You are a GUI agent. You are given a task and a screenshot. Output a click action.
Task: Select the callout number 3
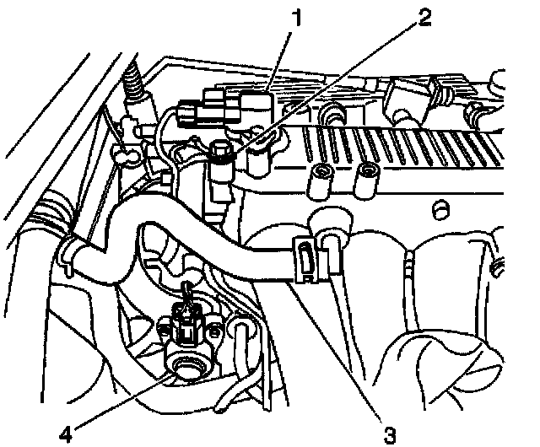coord(390,435)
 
